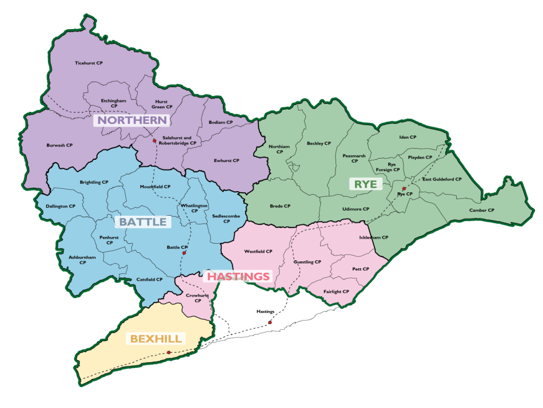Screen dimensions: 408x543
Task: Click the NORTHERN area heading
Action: click(133, 120)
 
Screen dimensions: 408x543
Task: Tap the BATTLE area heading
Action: click(143, 222)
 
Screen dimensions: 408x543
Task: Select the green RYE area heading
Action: click(365, 184)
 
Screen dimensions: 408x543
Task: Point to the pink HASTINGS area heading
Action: click(238, 277)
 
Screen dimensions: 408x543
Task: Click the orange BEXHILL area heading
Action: click(156, 339)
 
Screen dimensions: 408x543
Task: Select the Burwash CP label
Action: click(59, 146)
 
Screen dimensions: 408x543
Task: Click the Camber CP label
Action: click(481, 210)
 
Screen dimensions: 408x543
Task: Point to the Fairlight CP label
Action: click(336, 292)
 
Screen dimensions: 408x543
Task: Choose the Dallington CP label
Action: click(56, 206)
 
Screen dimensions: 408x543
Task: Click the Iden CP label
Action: click(408, 138)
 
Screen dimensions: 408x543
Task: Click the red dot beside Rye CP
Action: click(404, 188)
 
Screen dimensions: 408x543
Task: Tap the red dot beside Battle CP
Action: click(183, 253)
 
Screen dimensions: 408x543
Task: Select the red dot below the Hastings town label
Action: click(270, 323)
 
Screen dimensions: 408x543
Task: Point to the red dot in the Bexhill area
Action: click(169, 353)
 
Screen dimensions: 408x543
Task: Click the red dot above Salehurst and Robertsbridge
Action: click(154, 141)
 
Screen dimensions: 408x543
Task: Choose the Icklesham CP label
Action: click(373, 237)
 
